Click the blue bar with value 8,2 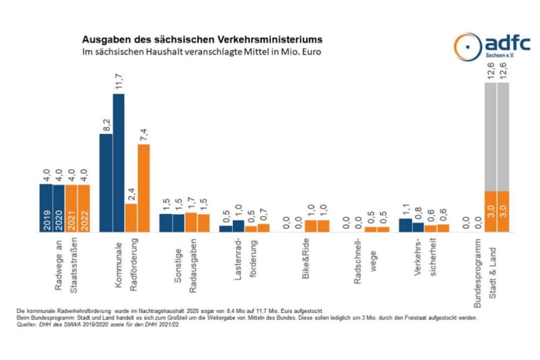click(x=106, y=183)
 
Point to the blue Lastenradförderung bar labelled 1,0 click(x=238, y=226)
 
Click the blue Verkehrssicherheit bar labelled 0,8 click(x=418, y=227)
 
